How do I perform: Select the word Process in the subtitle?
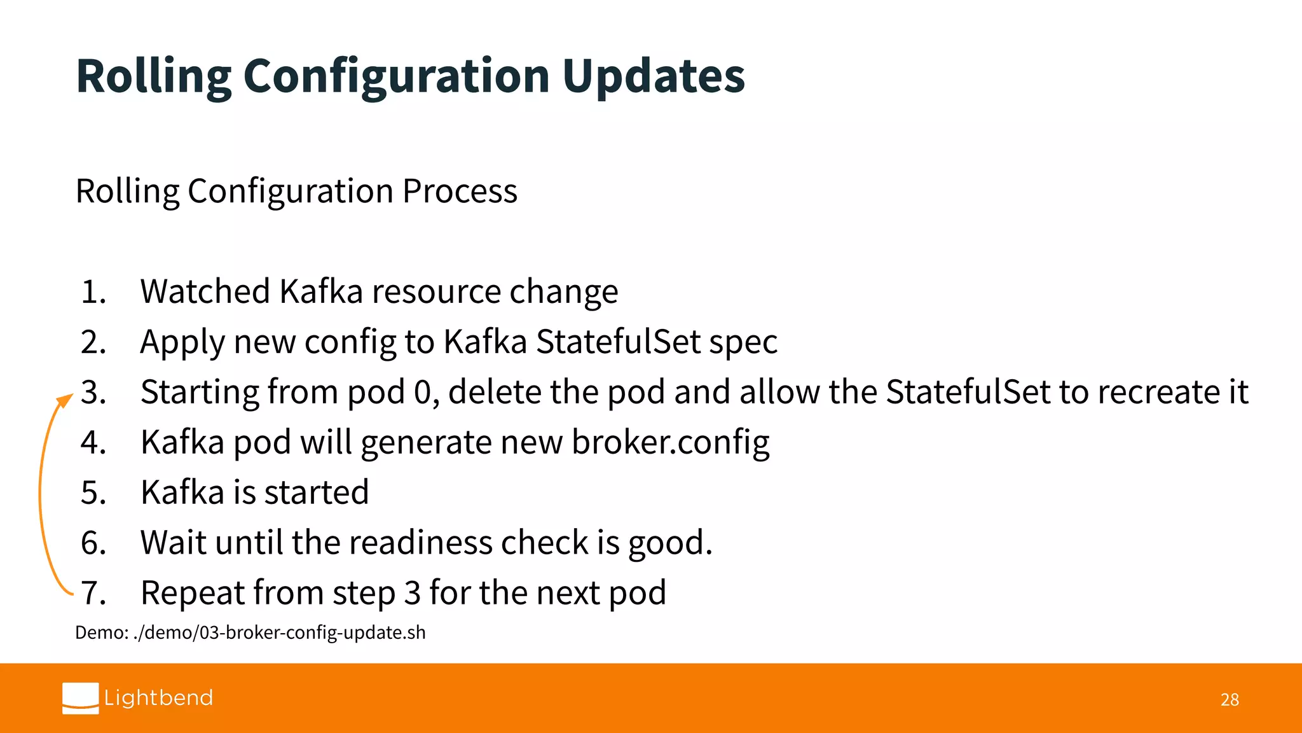[460, 191]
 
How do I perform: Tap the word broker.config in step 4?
[670, 442]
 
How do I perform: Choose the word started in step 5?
[316, 492]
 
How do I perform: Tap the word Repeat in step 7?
[192, 593]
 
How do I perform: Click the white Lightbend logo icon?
[81, 698]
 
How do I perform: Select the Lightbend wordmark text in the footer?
[158, 698]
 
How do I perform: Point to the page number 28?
[1230, 700]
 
